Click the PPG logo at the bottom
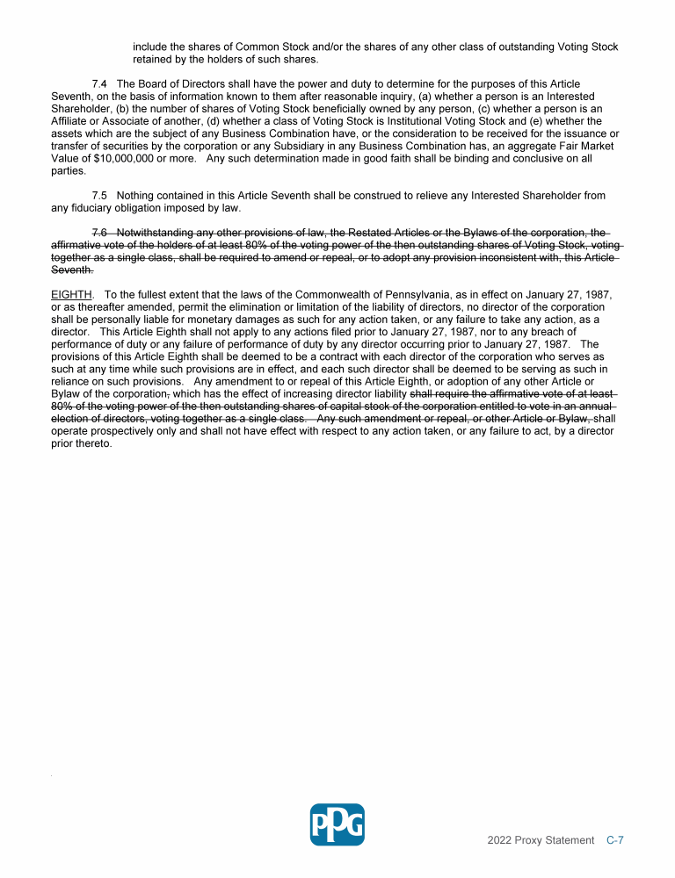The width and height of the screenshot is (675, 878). click(337, 824)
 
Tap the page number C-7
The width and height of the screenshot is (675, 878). click(615, 840)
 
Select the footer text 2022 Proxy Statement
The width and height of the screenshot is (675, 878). click(541, 840)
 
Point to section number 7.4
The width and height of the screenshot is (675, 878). click(100, 83)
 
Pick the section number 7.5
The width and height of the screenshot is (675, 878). click(100, 195)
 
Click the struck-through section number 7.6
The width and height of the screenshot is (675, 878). click(100, 232)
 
